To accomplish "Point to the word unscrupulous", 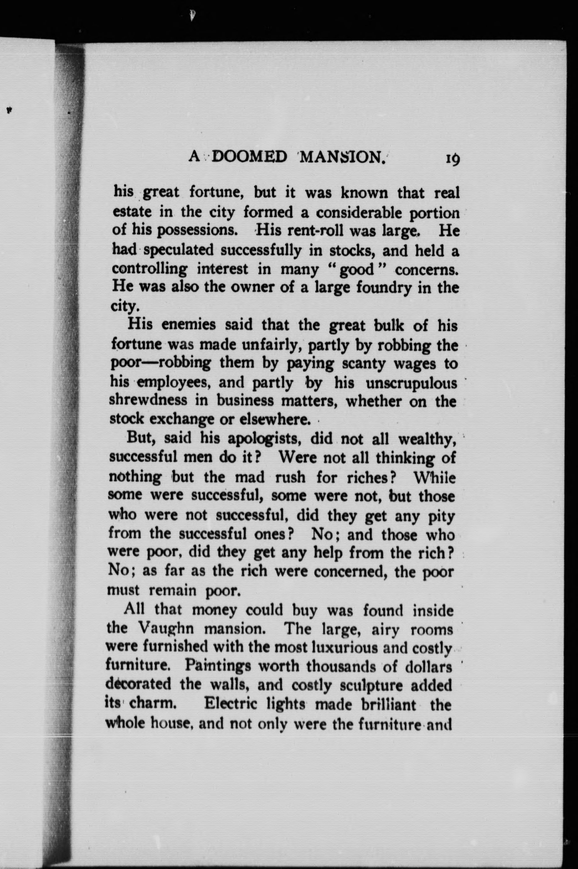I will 411,383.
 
